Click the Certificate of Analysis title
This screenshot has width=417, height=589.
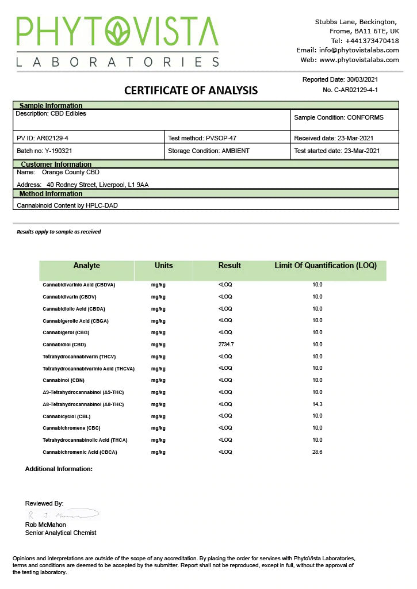click(191, 90)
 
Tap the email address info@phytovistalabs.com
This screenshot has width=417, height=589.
click(359, 50)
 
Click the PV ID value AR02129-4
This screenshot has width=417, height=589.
click(56, 138)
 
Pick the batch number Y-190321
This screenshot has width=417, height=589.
click(59, 151)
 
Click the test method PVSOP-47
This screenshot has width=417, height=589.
click(221, 138)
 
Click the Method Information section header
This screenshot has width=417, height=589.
click(51, 194)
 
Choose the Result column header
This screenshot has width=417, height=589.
click(229, 266)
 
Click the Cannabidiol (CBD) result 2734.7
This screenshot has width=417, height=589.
click(226, 344)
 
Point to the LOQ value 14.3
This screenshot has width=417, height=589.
click(317, 404)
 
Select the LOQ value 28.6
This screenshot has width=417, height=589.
click(317, 452)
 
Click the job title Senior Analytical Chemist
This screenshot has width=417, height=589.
click(60, 533)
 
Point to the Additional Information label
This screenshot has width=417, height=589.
click(59, 469)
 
